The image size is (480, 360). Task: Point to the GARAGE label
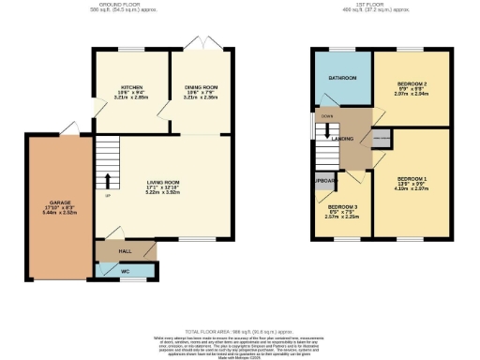[60, 202]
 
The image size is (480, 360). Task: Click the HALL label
[124, 251]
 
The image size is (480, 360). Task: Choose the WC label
[126, 271]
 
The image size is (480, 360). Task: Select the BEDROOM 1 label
[412, 178]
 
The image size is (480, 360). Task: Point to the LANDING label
[343, 138]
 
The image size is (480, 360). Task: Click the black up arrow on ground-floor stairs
[107, 180]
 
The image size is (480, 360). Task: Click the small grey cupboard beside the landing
[380, 139]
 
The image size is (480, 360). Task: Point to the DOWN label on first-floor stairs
[326, 117]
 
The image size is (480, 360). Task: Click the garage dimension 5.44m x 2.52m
[60, 213]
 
